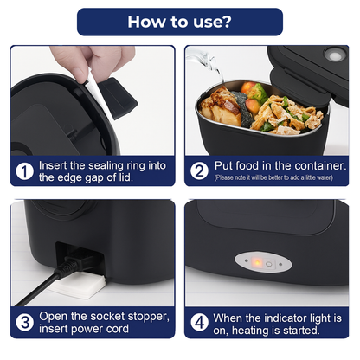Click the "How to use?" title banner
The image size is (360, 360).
[x=180, y=22]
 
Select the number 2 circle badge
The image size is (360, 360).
[x=200, y=171]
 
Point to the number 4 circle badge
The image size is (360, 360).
[x=200, y=323]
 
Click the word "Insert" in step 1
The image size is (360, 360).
[x=56, y=164]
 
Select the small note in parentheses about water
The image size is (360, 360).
[x=273, y=177]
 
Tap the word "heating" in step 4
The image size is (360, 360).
[x=255, y=330]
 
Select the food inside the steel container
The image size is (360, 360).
[x=260, y=108]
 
